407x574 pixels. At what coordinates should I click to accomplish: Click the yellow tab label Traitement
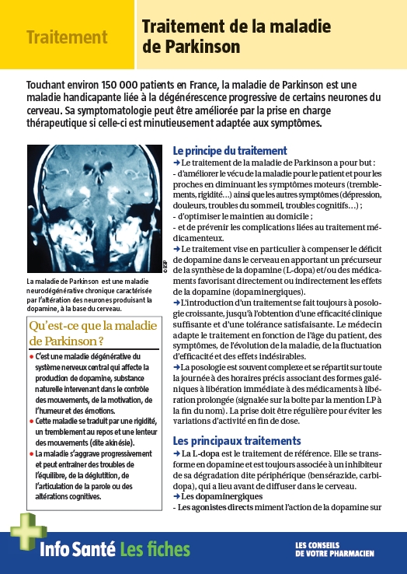click(66, 37)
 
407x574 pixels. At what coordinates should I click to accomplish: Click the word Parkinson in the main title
click(203, 47)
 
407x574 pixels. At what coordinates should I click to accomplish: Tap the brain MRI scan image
click(93, 209)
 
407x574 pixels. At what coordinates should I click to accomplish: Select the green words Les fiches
click(155, 551)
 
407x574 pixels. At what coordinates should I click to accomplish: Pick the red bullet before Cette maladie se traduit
click(31, 422)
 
